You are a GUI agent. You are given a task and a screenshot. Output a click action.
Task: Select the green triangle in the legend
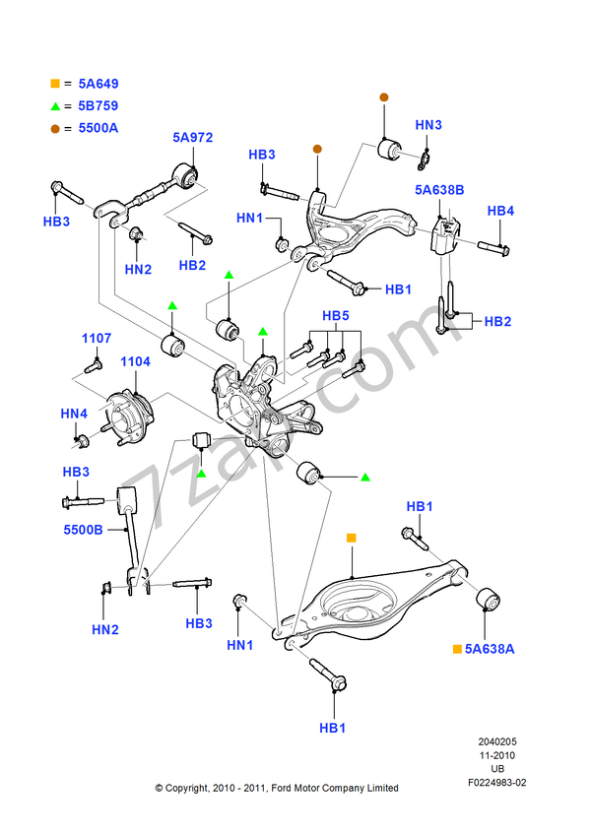pyautogui.click(x=56, y=105)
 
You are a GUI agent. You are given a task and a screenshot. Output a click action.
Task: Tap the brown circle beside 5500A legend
pyautogui.click(x=56, y=127)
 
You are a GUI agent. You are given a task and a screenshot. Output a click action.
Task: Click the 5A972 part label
pyautogui.click(x=193, y=139)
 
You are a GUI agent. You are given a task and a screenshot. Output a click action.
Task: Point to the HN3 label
pyautogui.click(x=428, y=125)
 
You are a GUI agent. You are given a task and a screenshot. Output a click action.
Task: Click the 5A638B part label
pyautogui.click(x=439, y=190)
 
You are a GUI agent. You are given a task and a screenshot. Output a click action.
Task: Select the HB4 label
pyautogui.click(x=501, y=211)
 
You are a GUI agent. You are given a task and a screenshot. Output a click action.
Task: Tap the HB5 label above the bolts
pyautogui.click(x=336, y=316)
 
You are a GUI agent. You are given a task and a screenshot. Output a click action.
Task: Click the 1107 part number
pyautogui.click(x=97, y=339)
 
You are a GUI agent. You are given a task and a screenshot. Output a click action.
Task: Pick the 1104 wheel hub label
pyautogui.click(x=135, y=361)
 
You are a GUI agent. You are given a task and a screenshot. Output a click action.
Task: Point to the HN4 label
pyautogui.click(x=74, y=414)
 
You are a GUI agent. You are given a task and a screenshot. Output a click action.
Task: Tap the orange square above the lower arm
pyautogui.click(x=350, y=538)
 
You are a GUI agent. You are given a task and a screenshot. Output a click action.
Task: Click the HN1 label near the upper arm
pyautogui.click(x=250, y=217)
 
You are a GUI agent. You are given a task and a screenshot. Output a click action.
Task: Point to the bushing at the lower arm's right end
pyautogui.click(x=487, y=598)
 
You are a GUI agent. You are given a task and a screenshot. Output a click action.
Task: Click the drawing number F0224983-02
pyautogui.click(x=497, y=783)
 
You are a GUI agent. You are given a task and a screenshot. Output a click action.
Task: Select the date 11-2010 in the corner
pyautogui.click(x=497, y=755)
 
